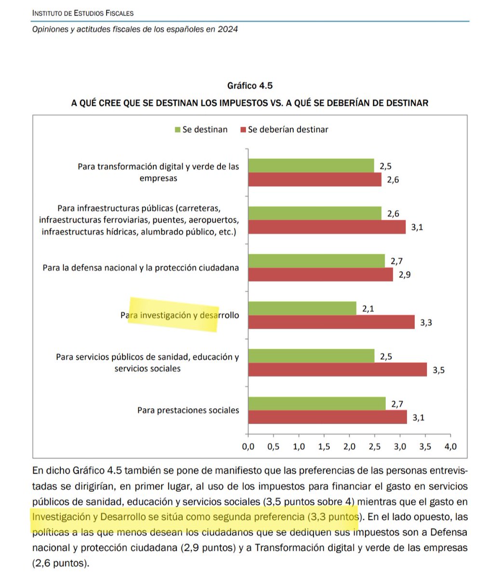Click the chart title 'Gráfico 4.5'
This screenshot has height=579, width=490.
250,85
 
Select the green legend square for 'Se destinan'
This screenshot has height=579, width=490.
177,129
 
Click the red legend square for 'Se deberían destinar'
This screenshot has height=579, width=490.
243,129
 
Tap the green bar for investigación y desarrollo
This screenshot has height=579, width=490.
302,308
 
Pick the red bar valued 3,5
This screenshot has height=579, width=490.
337,370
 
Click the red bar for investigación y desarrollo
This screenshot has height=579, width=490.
331,322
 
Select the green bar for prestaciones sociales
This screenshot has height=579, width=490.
317,403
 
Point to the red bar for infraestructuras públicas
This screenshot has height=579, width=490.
327,227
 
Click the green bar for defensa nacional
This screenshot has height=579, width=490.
316,261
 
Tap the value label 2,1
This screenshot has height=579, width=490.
368,308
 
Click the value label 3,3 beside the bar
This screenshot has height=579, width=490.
426,322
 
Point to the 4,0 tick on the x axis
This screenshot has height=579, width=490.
450,446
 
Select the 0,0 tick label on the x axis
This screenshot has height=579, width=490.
248,446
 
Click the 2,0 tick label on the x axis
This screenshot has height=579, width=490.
349,446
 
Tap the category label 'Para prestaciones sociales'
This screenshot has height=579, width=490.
188,410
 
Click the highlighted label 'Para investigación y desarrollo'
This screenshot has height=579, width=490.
179,316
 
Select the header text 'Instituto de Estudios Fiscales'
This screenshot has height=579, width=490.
83,14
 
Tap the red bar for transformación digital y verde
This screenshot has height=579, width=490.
314,179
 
